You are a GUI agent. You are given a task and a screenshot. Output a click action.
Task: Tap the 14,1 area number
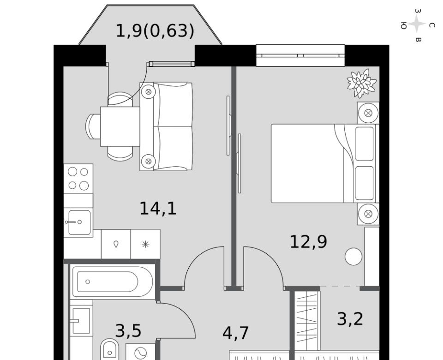158,209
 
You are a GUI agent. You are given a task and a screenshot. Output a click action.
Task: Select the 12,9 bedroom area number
309,242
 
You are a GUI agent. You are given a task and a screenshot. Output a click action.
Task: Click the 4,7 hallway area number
235,333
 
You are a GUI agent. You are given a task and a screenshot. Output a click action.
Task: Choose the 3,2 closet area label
350,319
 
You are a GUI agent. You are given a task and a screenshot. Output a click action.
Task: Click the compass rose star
417,24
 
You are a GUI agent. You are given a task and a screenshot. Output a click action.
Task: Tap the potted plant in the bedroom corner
362,83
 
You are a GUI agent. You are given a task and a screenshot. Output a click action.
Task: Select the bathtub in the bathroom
112,282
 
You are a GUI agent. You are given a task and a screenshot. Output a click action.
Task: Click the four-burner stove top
78,179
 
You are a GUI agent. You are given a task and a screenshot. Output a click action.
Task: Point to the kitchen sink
79,222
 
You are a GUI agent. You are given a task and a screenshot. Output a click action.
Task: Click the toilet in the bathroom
110,349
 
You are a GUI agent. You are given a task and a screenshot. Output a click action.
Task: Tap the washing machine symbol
140,352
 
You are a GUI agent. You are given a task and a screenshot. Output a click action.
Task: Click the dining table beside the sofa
120,126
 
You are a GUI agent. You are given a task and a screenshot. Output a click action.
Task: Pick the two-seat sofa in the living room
166,126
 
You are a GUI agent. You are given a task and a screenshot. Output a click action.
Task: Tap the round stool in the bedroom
353,257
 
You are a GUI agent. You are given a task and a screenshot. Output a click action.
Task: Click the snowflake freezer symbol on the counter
145,244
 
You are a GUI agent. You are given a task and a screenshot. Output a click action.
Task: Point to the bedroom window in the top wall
300,55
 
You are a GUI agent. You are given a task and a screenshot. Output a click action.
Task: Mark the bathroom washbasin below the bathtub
81,321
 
